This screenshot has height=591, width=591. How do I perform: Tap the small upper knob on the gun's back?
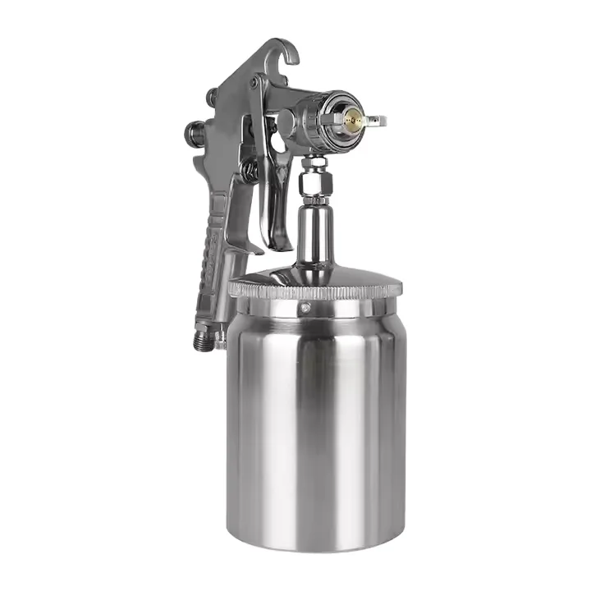pos(211,97)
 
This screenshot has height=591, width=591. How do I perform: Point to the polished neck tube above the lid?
pos(315,238)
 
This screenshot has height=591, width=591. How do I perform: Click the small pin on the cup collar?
pos(305,309)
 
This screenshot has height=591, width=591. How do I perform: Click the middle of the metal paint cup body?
pos(315,419)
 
